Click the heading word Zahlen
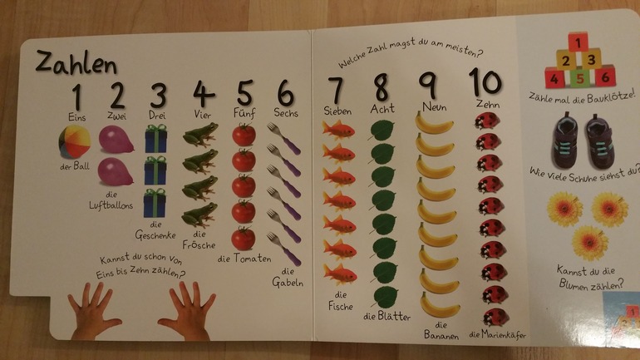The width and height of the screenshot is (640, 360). [76, 63]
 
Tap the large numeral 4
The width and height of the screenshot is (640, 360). [204, 94]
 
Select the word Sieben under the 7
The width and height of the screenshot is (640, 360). [338, 111]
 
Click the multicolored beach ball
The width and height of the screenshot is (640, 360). [74, 141]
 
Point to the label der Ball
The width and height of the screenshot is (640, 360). [74, 166]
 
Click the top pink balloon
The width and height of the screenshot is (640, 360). [116, 140]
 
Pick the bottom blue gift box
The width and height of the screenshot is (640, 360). [155, 203]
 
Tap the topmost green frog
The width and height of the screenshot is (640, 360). [200, 135]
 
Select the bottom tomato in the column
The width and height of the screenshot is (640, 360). [244, 239]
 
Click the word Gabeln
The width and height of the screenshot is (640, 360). [288, 282]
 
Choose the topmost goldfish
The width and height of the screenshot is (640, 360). [338, 131]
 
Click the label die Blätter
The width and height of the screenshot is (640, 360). [387, 316]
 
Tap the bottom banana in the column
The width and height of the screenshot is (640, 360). [440, 306]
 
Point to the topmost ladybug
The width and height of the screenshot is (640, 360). [487, 121]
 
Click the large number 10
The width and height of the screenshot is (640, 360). [485, 82]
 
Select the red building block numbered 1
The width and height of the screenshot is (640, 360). [578, 42]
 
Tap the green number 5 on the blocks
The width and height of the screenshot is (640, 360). [580, 77]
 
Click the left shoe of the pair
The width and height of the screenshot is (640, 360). [565, 140]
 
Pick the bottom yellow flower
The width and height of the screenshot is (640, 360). [590, 243]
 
